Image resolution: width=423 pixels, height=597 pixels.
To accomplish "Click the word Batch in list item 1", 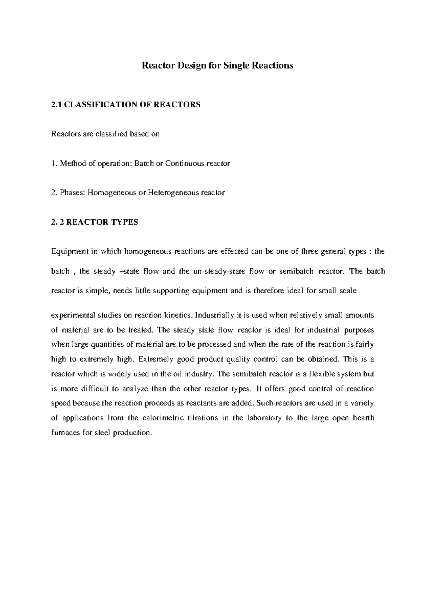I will point(143,164).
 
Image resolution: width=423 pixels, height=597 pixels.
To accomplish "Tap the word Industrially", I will point(213,315).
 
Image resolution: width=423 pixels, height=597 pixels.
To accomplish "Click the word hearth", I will point(363,418).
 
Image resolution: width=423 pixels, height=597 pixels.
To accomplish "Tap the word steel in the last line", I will point(103,433).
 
